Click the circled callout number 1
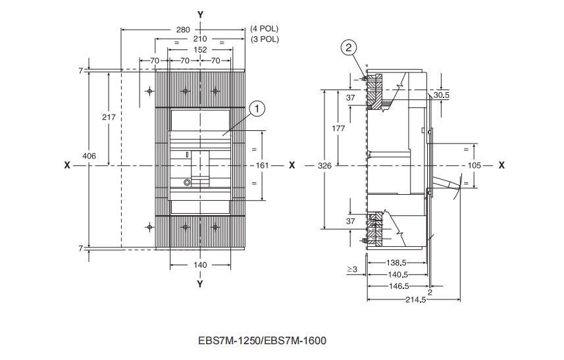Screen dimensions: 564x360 click(257, 109)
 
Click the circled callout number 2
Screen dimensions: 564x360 click(349, 47)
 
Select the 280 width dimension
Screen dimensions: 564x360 click(183, 30)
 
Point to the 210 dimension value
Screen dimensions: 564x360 click(200, 39)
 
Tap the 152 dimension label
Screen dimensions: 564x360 click(200, 49)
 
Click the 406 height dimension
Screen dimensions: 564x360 click(90, 156)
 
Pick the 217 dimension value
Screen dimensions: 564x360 click(109, 117)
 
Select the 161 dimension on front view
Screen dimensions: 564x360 click(262, 165)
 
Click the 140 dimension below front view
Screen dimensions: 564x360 click(200, 265)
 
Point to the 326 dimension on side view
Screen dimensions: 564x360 click(325, 165)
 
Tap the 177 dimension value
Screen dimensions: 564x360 click(338, 128)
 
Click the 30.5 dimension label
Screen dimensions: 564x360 click(442, 95)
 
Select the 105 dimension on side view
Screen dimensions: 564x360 click(474, 165)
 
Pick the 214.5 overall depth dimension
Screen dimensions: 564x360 click(416, 299)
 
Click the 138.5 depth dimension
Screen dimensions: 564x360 click(396, 263)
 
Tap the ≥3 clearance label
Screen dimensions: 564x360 click(352, 269)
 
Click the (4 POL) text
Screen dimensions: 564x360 click(265, 29)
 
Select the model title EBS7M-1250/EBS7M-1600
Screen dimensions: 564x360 click(262, 340)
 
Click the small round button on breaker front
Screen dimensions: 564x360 click(187, 182)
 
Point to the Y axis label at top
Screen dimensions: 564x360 click(200, 14)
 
